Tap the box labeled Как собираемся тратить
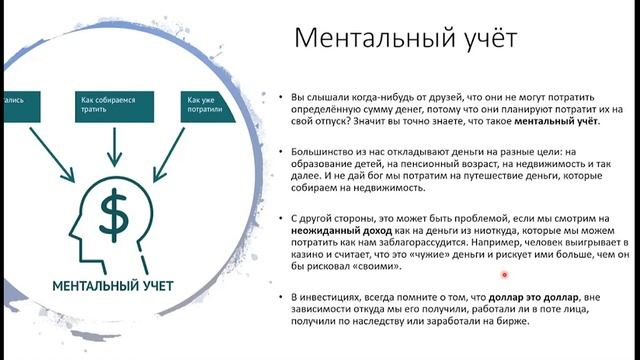(x=112, y=106)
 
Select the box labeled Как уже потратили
(x=205, y=106)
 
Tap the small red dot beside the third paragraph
(x=505, y=275)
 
